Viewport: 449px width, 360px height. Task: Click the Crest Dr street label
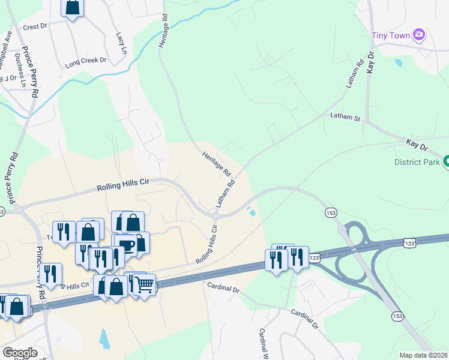coord(35,27)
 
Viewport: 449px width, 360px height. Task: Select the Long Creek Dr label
coord(85,61)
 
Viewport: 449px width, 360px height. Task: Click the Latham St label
coord(345,117)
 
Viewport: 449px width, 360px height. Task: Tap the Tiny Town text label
coord(391,35)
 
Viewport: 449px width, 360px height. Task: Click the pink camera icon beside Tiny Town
coord(419,35)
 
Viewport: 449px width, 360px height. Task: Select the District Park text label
coord(416,162)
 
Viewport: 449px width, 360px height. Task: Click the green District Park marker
coord(446,161)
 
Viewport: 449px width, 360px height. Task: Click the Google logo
coord(19,353)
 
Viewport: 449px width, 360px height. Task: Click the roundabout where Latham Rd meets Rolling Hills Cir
coord(214,215)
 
